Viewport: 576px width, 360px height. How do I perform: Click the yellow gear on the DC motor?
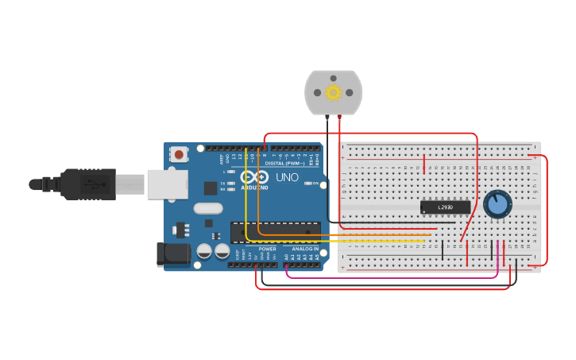[x=333, y=93]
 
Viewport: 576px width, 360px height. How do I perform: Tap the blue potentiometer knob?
[x=497, y=204]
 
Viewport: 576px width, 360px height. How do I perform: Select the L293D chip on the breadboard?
[x=445, y=207]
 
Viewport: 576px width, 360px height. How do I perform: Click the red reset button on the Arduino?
[x=180, y=154]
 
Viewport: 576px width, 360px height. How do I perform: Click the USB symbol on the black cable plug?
[x=94, y=184]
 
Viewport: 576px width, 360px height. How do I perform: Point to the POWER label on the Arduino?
[x=268, y=249]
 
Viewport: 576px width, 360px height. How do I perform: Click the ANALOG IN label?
[x=304, y=249]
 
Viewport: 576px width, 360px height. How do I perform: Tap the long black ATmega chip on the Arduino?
[x=275, y=232]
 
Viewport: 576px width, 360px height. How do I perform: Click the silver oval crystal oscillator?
[x=208, y=208]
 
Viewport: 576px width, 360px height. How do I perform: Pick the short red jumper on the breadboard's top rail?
[x=425, y=164]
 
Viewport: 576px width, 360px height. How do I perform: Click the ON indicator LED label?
[x=315, y=184]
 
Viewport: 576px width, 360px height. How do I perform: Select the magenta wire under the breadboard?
[x=389, y=277]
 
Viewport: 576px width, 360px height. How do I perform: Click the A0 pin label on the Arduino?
[x=286, y=257]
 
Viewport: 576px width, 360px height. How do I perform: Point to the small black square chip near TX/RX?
[x=211, y=188]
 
